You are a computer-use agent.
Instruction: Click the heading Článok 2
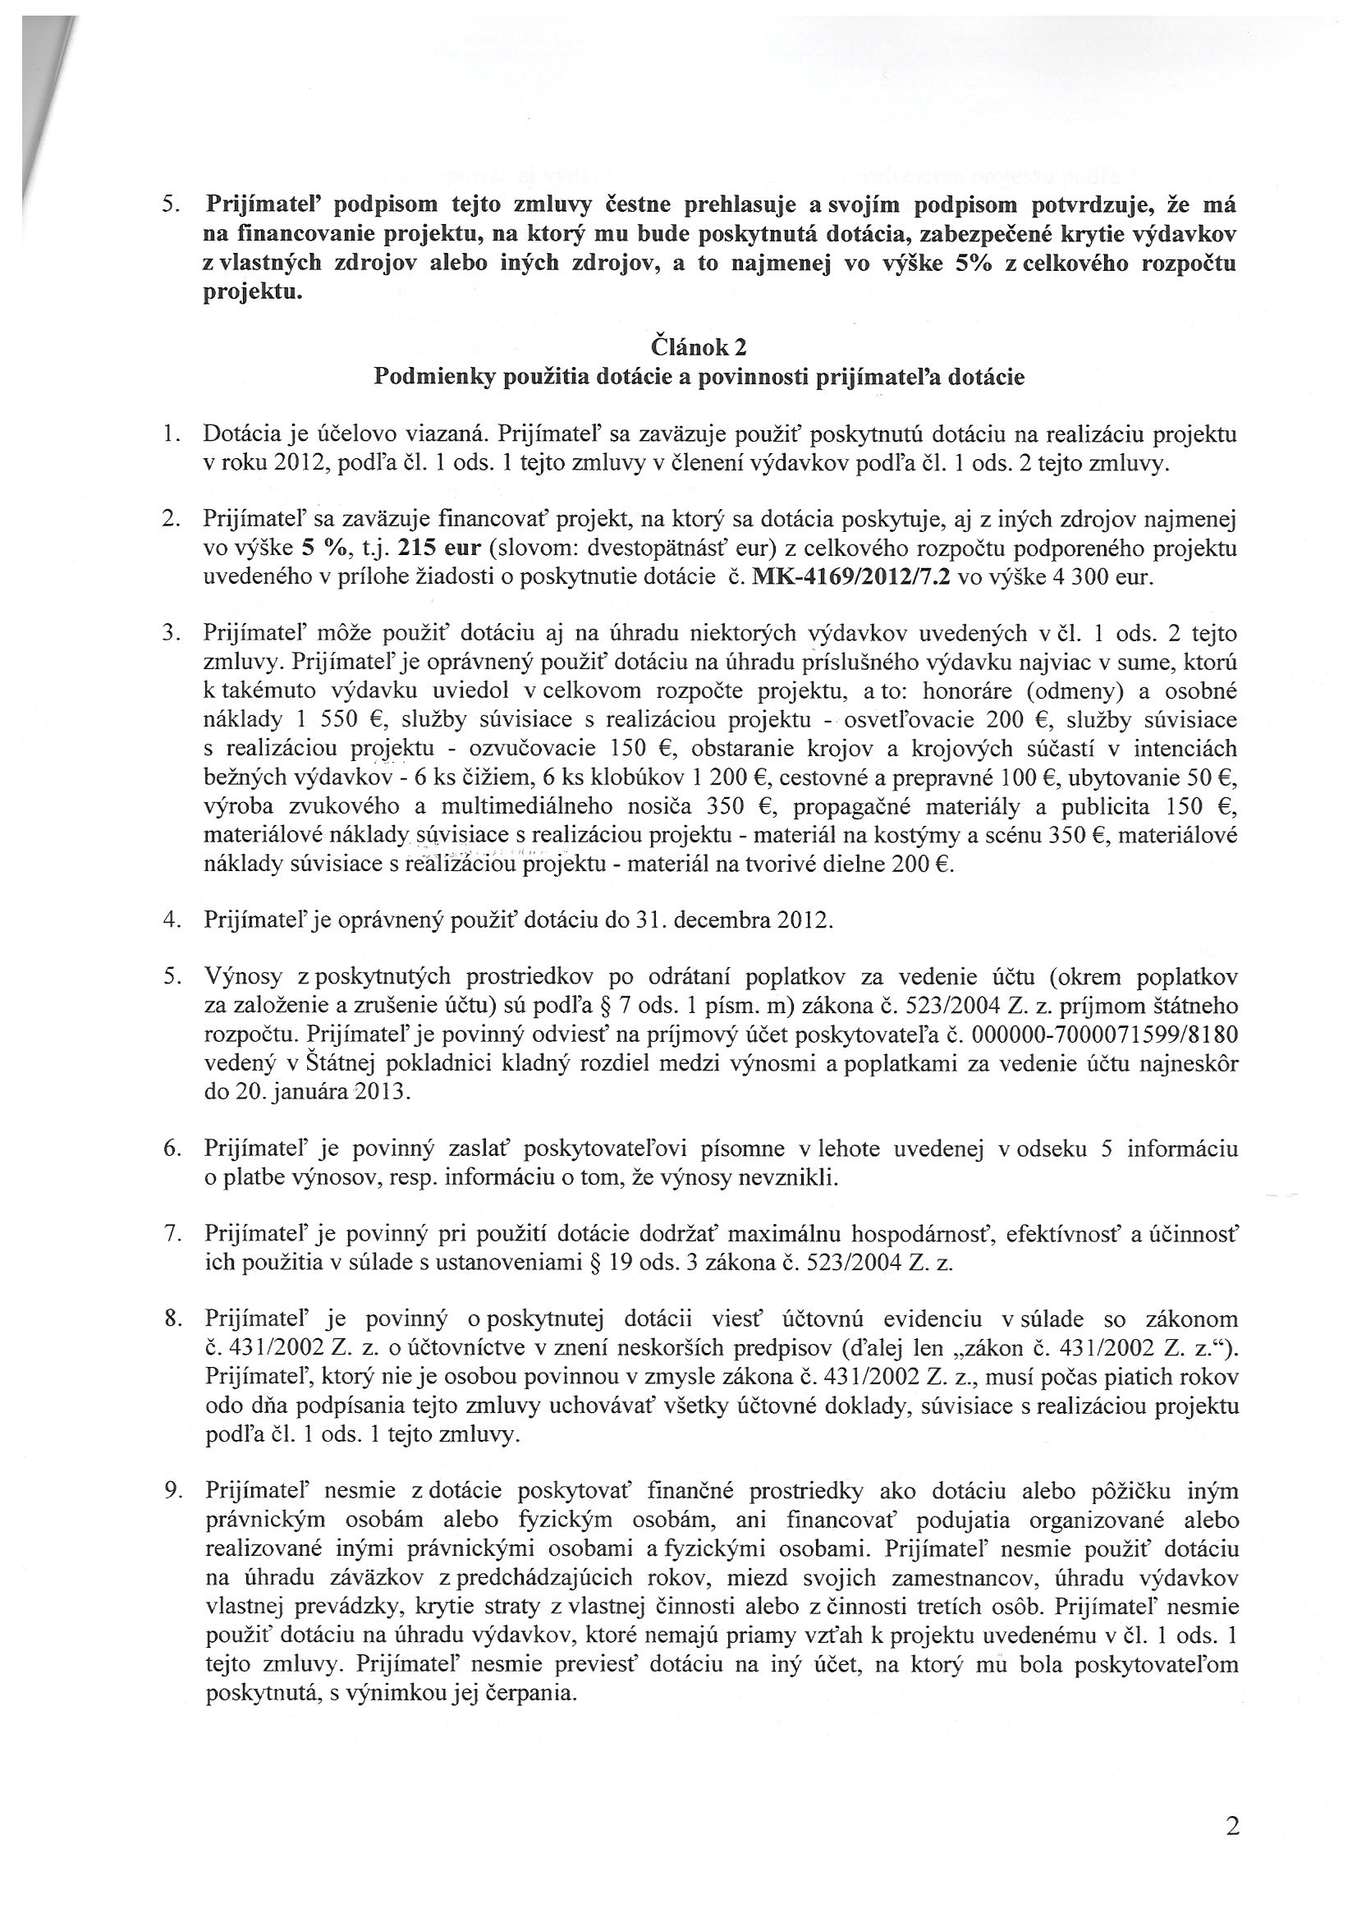tap(698, 346)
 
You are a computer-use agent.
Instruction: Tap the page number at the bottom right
tap(1233, 1824)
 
